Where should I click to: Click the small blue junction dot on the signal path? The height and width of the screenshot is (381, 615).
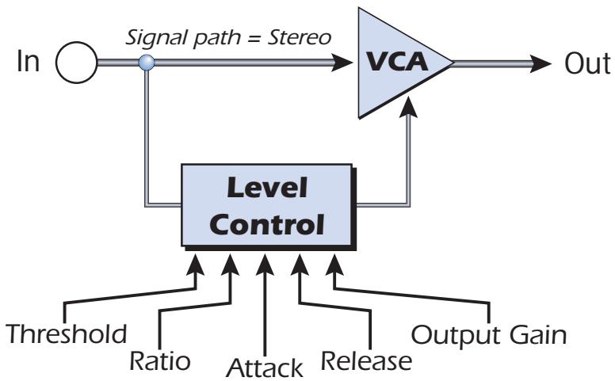[x=145, y=62]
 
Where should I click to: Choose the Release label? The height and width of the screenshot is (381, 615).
[x=367, y=360]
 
